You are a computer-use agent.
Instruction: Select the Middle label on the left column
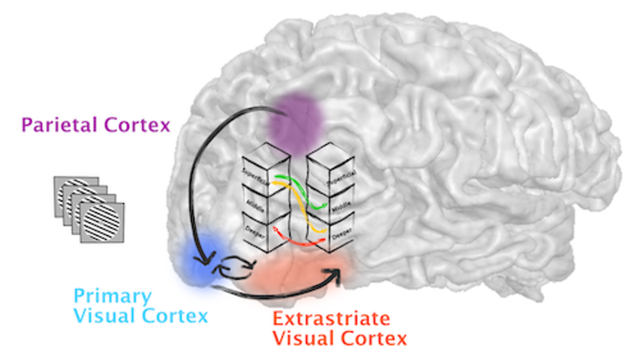(254, 204)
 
